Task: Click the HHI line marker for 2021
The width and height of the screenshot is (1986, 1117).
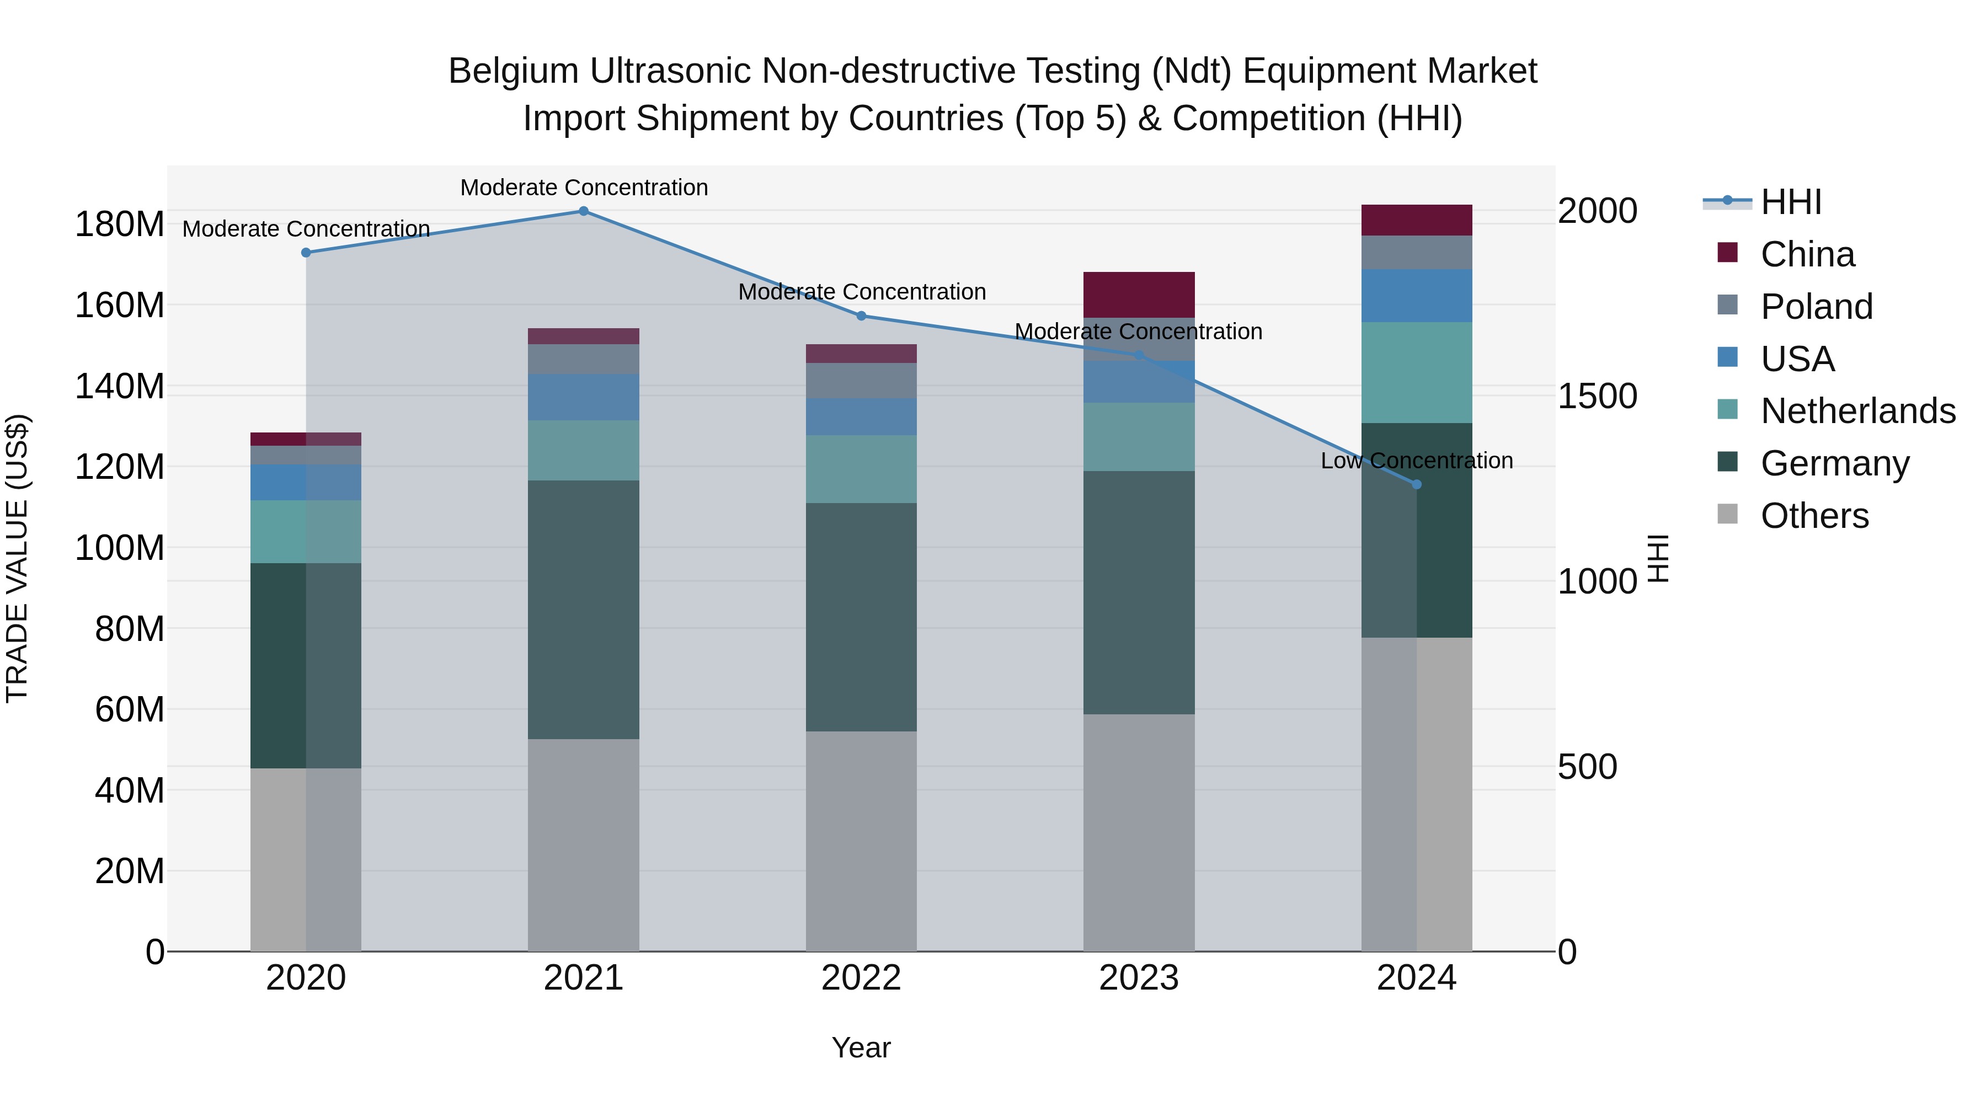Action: (x=584, y=211)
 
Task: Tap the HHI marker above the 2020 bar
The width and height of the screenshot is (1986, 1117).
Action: (x=306, y=253)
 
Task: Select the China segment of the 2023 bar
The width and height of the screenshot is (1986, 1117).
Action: (x=1139, y=295)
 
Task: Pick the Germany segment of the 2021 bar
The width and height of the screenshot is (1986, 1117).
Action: (x=584, y=609)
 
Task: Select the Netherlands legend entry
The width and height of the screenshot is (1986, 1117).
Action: (x=1857, y=411)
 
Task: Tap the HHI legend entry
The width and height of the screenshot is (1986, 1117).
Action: (x=1790, y=202)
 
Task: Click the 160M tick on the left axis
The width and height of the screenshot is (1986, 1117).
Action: (x=120, y=305)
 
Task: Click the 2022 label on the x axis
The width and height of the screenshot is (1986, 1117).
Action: (x=861, y=978)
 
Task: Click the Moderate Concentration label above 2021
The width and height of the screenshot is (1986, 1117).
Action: (x=584, y=188)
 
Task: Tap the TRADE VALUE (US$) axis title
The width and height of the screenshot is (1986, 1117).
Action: (x=17, y=558)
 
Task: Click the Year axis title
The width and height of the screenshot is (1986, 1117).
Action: (x=861, y=1047)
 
